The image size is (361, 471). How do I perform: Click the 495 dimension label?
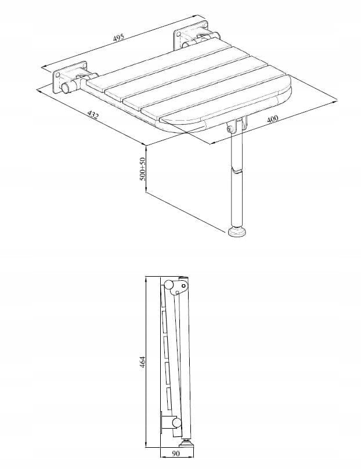118,38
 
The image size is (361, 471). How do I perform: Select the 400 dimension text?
272,119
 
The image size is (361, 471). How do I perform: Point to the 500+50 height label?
142,169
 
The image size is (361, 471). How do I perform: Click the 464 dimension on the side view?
142,362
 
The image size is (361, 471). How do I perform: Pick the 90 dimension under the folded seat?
176,462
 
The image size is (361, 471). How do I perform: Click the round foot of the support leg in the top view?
238,232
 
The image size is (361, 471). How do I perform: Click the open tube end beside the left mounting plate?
66,88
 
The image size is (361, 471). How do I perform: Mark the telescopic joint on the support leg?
236,172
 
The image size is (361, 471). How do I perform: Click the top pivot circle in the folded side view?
169,284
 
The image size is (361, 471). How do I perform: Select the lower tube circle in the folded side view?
176,423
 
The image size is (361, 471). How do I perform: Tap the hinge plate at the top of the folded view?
181,285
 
